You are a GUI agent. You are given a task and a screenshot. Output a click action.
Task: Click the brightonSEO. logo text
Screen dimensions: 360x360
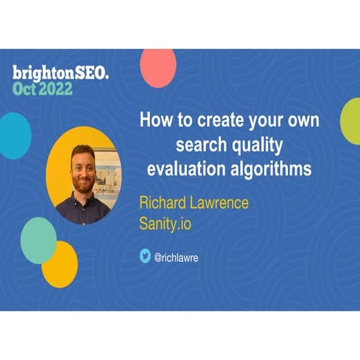point(60,72)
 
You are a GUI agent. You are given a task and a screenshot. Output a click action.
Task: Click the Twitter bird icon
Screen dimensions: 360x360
point(145,255)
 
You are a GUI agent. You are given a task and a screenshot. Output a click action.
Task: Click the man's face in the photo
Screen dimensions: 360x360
point(84,169)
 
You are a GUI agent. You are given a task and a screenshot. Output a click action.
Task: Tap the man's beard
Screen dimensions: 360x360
point(84,183)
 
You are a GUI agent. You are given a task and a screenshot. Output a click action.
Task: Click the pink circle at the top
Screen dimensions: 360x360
point(158,68)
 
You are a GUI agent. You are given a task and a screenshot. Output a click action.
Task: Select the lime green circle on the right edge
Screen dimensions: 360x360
point(351,121)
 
